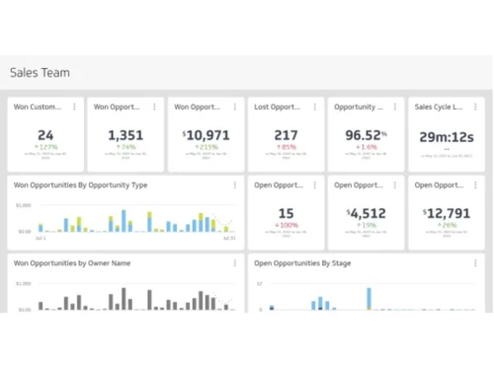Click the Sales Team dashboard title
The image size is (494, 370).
[40, 72]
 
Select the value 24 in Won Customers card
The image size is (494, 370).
[45, 135]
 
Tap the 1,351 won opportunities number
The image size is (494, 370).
[125, 135]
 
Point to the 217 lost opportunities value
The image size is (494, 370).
[286, 135]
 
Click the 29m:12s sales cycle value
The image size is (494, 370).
[446, 137]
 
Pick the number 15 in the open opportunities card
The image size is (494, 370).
[286, 212]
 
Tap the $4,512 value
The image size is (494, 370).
[366, 212]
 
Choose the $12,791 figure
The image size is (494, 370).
[446, 212]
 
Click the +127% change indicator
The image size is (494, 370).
[45, 147]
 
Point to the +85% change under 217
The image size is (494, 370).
[286, 147]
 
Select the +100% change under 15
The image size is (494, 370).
[286, 225]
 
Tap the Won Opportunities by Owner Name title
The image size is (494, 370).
[71, 263]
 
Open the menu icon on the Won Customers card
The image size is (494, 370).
[74, 107]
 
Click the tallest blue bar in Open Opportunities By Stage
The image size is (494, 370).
[369, 298]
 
